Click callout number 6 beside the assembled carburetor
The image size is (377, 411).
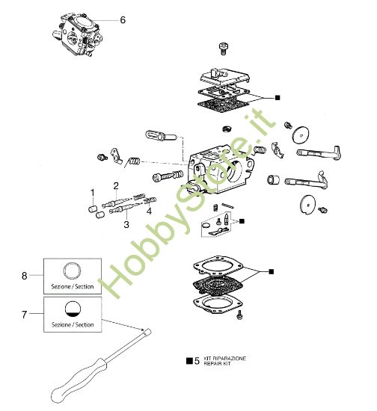click(123, 20)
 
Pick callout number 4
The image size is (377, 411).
click(149, 211)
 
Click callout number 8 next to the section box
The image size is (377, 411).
click(24, 276)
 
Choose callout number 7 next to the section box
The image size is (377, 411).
click(24, 315)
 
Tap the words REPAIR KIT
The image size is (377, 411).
click(218, 363)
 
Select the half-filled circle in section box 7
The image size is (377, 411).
click(73, 309)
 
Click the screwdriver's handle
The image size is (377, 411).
click(75, 382)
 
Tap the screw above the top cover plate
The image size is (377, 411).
click(221, 49)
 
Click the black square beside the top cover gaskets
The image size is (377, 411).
click(278, 97)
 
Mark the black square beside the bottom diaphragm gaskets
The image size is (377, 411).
click(272, 270)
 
